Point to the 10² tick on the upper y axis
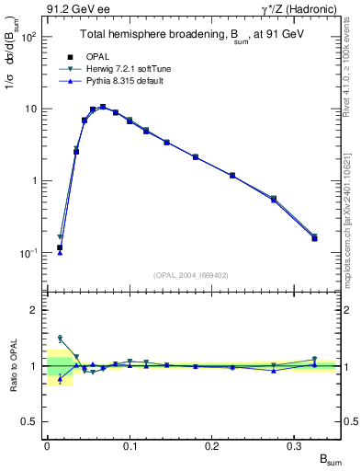[28, 38]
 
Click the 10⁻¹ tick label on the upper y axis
[28, 253]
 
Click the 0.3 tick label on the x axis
[296, 445]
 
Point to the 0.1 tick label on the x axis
[130, 445]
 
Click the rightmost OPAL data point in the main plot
[314, 238]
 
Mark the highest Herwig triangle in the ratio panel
[60, 339]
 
